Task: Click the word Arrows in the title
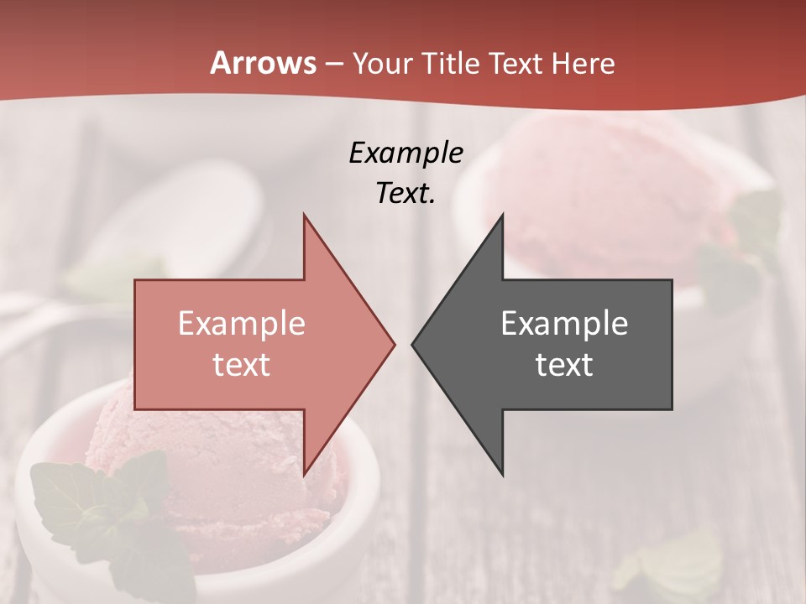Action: click(262, 64)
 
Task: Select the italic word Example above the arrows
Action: click(406, 153)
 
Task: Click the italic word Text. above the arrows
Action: click(406, 193)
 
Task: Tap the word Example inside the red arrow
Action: click(242, 324)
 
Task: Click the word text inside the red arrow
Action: click(242, 365)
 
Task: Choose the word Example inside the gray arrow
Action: click(564, 324)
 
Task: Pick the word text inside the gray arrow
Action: click(564, 365)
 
